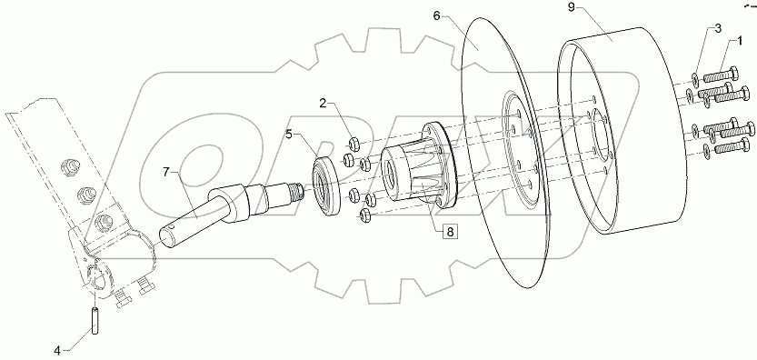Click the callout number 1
coord(741,41)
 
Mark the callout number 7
coord(166,171)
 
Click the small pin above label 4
coord(94,321)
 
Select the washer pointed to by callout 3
coord(695,78)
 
